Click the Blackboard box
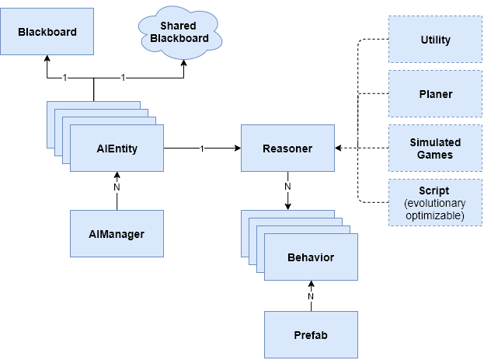[47, 31]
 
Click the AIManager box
[117, 233]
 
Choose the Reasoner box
[287, 148]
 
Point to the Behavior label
[311, 257]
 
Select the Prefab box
[311, 334]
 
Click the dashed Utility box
[435, 40]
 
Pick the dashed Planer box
[435, 94]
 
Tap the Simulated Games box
[435, 148]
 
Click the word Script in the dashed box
[435, 190]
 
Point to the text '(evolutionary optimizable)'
[435, 210]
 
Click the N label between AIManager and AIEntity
[117, 187]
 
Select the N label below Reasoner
[287, 187]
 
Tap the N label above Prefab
[311, 295]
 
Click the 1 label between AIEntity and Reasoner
[202, 148]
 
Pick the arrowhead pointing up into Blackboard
[47, 59]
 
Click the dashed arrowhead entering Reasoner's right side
[339, 148]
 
